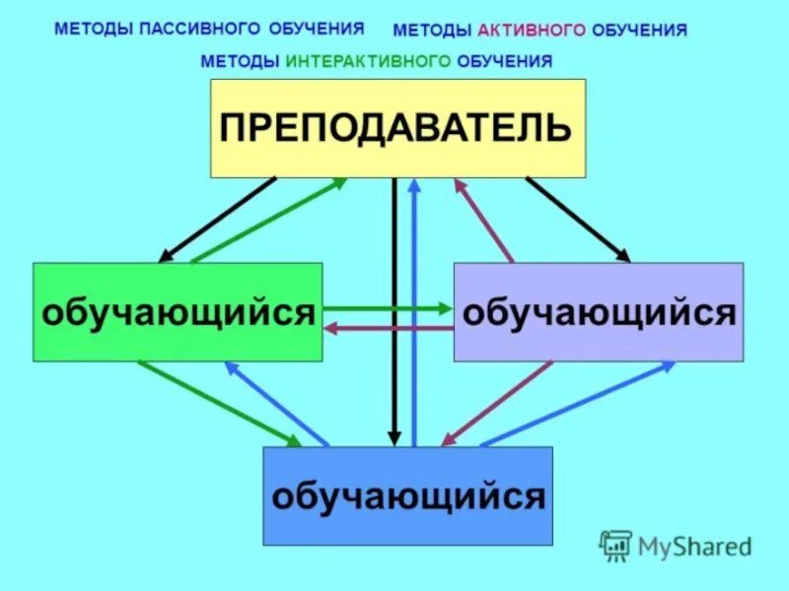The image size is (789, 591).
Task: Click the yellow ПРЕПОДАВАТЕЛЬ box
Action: [397, 128]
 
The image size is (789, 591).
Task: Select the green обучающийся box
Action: [178, 312]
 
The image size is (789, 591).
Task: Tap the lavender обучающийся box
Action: [599, 312]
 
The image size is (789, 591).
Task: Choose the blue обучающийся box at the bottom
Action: [407, 495]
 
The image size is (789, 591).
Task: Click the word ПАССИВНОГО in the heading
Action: [206, 29]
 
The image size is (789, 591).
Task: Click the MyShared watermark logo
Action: [677, 545]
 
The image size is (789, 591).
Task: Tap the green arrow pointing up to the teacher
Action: [268, 220]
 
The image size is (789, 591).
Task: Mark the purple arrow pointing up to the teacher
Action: [483, 220]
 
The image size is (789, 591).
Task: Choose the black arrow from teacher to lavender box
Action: [577, 219]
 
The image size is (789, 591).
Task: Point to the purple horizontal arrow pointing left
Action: [389, 328]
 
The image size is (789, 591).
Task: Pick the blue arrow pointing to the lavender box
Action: [577, 404]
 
